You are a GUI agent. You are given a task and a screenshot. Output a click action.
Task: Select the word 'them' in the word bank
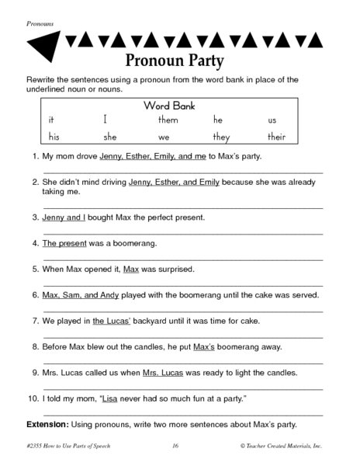(x=168, y=120)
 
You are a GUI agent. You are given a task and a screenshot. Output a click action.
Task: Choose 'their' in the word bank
(x=277, y=137)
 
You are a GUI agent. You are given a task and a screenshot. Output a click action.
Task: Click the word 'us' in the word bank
(x=272, y=120)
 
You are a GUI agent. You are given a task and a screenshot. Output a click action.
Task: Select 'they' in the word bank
(x=222, y=137)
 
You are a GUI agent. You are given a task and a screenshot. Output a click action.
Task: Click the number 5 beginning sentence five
(x=35, y=269)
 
